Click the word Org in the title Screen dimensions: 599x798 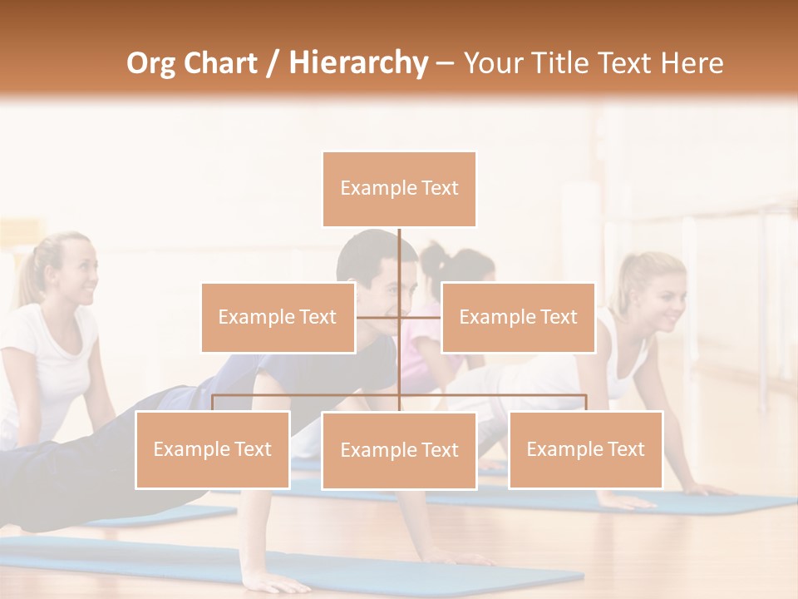152,63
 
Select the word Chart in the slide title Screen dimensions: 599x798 219,63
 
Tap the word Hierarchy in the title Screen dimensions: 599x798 357,63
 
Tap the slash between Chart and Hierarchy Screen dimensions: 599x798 272,64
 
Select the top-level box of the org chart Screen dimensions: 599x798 399,189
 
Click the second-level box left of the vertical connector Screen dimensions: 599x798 278,317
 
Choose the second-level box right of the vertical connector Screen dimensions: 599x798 518,317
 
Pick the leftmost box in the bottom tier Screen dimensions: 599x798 213,449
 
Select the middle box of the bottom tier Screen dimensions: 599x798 399,450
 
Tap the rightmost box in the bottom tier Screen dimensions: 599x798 585,449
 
